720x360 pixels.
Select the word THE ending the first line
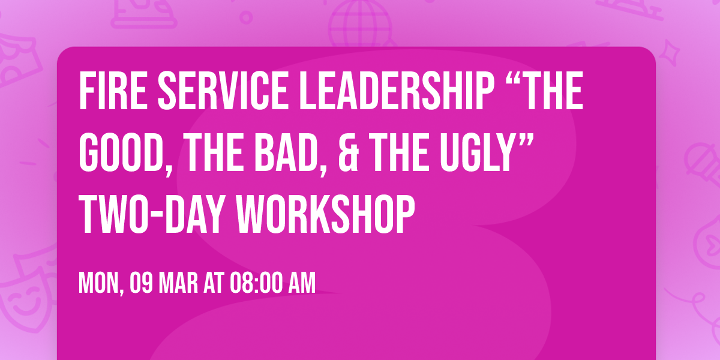[549, 92]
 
